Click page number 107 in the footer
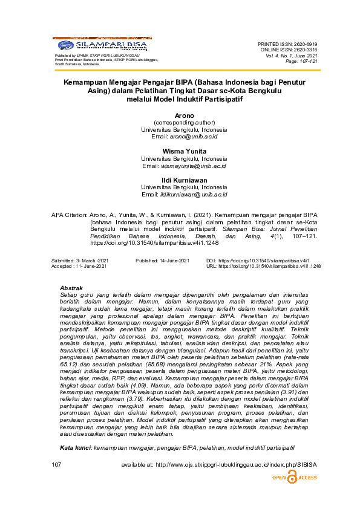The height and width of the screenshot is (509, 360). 57,464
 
